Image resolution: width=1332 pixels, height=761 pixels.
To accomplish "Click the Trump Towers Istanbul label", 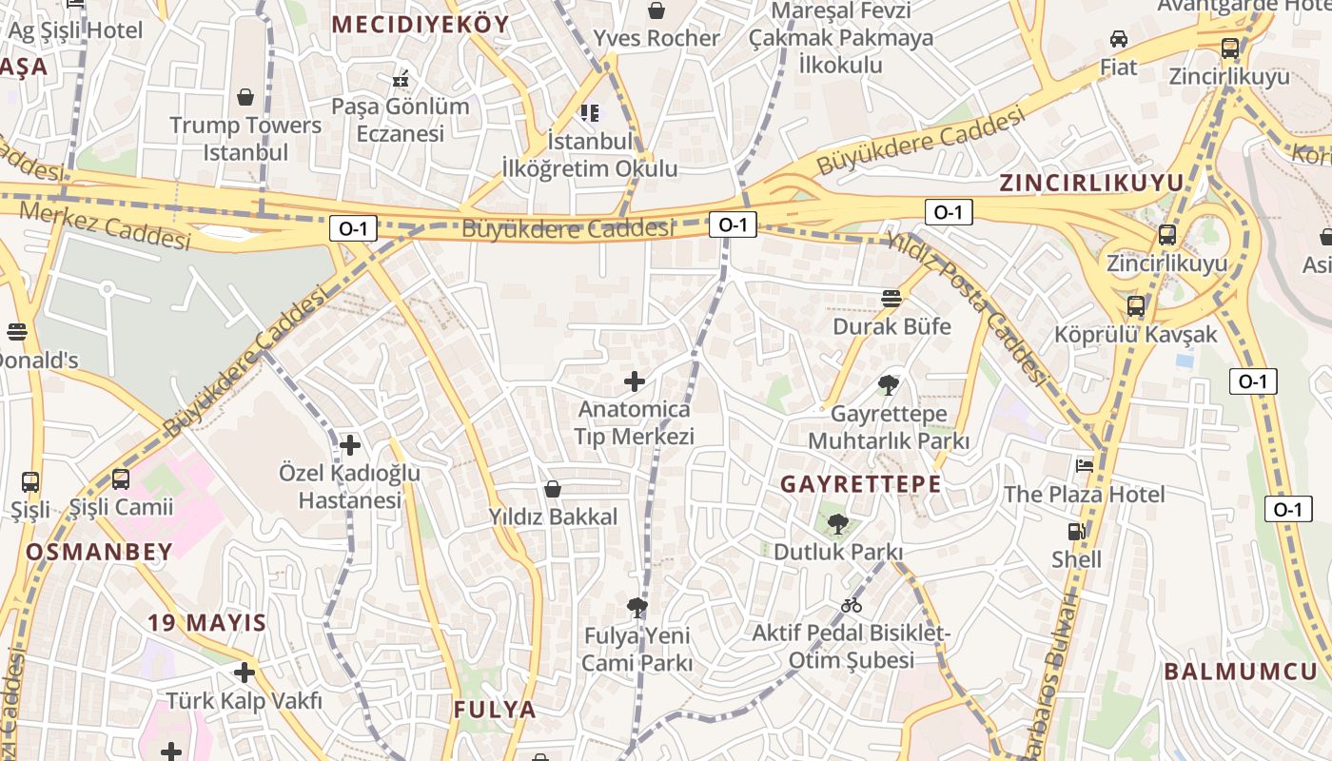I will (245, 139).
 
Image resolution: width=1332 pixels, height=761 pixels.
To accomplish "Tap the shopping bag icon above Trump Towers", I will (245, 97).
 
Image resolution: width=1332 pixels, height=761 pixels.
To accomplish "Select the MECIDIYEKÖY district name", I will (421, 25).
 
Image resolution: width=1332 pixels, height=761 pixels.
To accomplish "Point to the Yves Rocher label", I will (656, 38).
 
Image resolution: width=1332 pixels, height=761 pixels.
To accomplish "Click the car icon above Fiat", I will (1119, 39).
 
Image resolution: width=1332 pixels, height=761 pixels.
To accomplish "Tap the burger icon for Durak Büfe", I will (891, 299).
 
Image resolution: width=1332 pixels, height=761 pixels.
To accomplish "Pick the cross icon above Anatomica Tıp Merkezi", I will (635, 382).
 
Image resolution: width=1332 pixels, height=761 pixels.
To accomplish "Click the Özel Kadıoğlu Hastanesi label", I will (350, 486).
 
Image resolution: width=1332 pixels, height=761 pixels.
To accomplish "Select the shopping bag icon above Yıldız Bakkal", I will (553, 489).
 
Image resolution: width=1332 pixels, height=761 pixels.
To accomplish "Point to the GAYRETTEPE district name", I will (861, 484).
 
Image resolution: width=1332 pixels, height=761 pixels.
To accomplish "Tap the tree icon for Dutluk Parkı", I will (838, 523).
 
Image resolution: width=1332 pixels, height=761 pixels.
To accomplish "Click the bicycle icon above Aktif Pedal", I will (851, 605).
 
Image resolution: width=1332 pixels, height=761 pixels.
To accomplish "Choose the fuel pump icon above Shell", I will (1077, 532).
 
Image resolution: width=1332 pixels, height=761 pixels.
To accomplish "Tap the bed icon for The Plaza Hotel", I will (1085, 465).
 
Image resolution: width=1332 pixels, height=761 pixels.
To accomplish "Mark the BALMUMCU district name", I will (1241, 672).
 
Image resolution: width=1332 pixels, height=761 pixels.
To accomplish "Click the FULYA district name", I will (495, 710).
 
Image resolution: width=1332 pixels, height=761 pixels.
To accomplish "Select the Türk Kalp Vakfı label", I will (245, 701).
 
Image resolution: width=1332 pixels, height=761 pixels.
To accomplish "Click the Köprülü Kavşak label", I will (1135, 335).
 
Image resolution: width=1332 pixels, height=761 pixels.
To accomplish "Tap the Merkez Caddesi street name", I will (105, 224).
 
